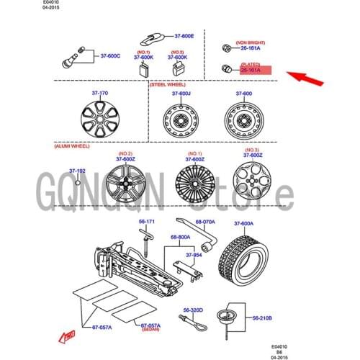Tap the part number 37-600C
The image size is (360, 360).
pos(109,55)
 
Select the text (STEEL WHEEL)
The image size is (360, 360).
pos(167,84)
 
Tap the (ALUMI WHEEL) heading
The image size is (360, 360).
pos(71,145)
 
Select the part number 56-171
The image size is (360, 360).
pos(147,221)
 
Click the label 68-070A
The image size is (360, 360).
pos(205,222)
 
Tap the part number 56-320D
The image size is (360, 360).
pos(193,310)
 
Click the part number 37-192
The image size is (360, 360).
pos(77,171)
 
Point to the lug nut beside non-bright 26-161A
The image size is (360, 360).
pos(226,48)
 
